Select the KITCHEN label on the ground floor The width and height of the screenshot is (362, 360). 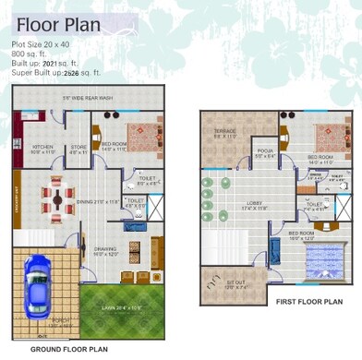[x=43, y=148]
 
